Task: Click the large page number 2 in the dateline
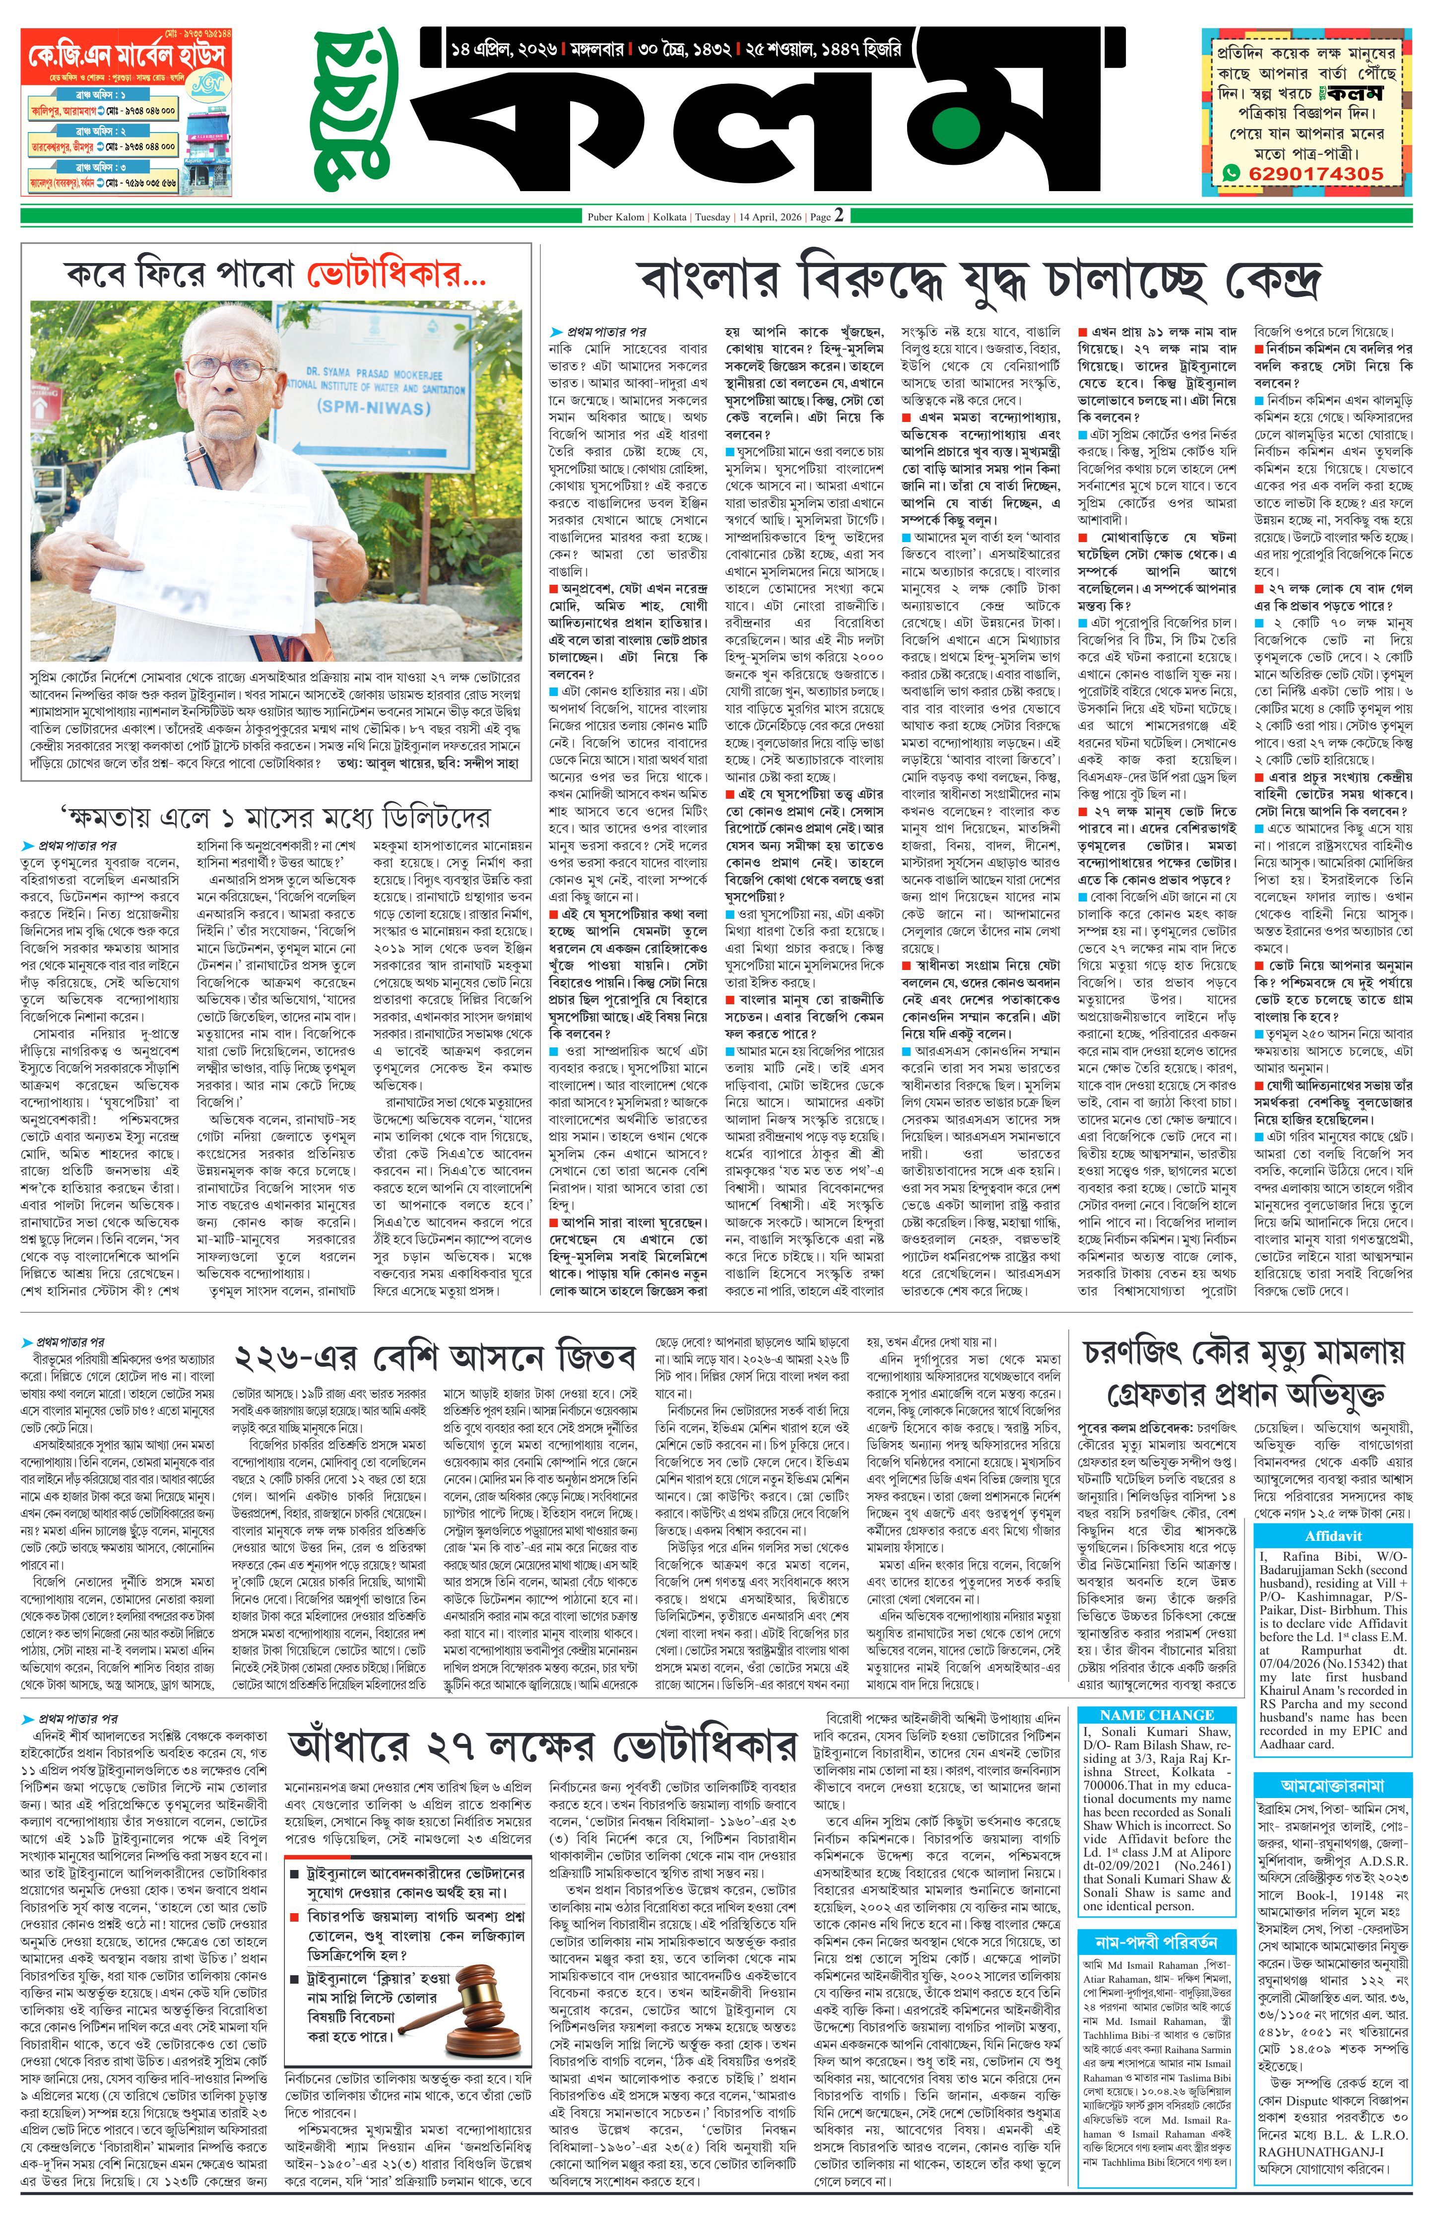tap(839, 216)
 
